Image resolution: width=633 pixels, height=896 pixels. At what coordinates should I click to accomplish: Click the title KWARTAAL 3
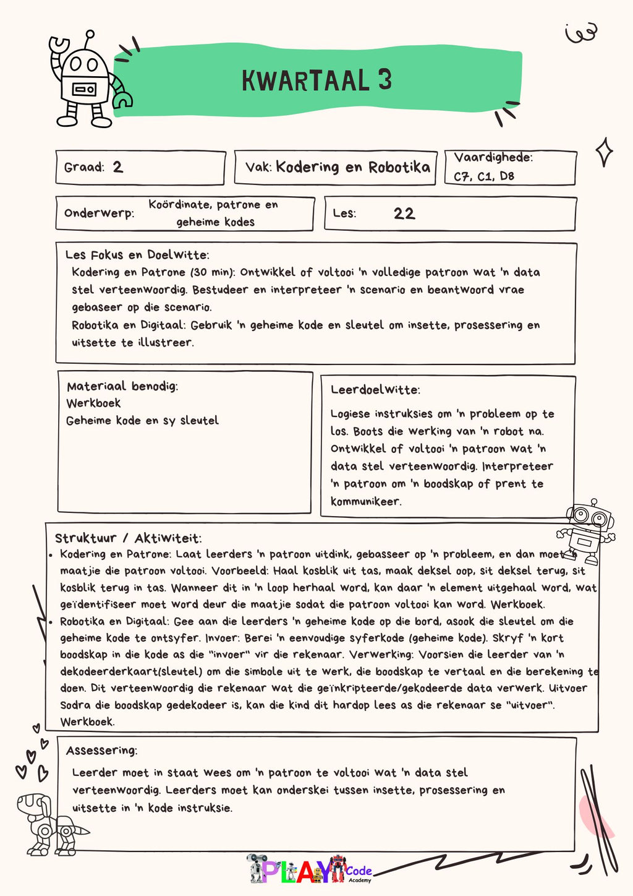[x=316, y=81]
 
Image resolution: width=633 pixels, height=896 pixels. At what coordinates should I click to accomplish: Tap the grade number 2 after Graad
[x=117, y=167]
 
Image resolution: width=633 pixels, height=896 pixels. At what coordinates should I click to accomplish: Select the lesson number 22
[x=404, y=213]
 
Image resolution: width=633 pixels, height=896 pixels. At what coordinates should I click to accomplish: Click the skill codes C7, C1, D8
[x=483, y=176]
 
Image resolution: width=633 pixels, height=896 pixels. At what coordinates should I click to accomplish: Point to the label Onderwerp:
[x=99, y=213]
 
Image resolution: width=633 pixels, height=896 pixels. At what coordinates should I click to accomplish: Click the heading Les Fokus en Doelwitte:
[x=137, y=255]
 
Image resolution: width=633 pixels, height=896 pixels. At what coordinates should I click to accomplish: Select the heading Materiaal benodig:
[x=122, y=387]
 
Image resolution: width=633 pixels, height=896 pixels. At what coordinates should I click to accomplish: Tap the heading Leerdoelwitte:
[x=375, y=390]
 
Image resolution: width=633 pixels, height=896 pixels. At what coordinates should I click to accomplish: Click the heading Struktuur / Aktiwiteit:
[x=128, y=538]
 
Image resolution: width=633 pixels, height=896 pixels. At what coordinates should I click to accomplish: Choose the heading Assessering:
[x=101, y=751]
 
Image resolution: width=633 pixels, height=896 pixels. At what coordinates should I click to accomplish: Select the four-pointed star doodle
[x=604, y=152]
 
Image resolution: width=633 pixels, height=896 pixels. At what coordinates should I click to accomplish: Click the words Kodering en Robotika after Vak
[x=352, y=167]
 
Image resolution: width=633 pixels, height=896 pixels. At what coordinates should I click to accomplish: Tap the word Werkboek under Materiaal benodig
[x=93, y=403]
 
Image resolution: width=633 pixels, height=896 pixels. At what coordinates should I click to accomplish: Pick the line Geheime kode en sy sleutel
[x=142, y=421]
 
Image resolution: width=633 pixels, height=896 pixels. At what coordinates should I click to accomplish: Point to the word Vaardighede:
[x=493, y=158]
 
